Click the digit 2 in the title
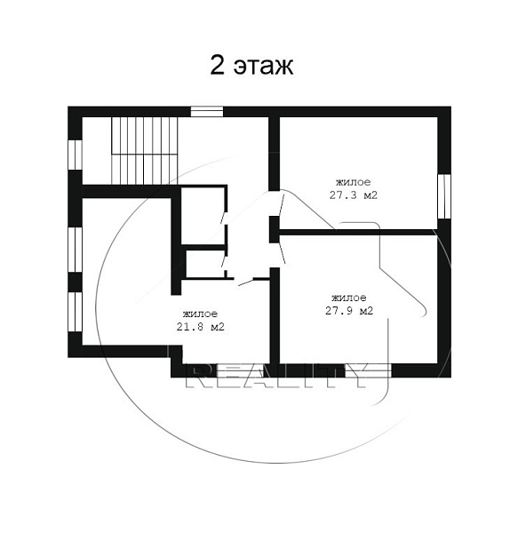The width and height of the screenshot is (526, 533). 218,65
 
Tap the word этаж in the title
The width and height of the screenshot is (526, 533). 263,67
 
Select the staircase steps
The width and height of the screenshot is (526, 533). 145,151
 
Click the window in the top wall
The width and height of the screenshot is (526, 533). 207,112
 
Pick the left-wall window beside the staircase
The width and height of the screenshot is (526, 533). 76,155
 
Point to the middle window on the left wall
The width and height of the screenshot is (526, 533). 76,250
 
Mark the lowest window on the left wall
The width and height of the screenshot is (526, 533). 76,312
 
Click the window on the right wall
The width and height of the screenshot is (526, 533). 444,196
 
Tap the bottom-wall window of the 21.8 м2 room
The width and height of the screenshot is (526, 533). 241,370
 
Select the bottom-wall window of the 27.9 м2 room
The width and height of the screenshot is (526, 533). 368,370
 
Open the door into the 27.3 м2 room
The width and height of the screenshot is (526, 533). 281,204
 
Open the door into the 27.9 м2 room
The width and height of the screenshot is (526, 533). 283,253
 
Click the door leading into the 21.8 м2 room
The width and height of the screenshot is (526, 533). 245,282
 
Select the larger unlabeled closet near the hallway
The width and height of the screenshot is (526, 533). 203,216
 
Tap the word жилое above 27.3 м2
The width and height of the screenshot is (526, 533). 354,182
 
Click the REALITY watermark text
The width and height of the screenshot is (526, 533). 277,376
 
